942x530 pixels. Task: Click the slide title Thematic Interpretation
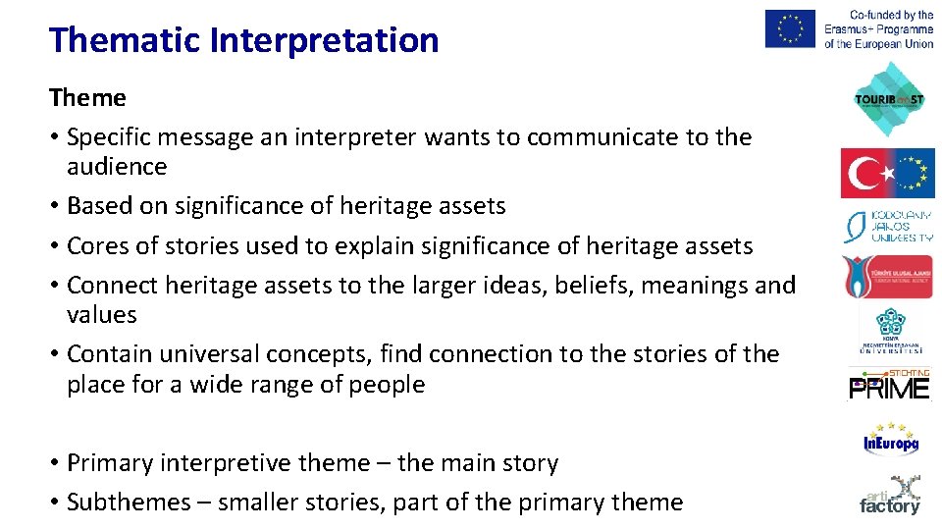coord(243,40)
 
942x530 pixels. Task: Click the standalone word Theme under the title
coord(87,97)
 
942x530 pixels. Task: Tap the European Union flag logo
coord(790,28)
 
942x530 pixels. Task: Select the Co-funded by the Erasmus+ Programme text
coord(878,28)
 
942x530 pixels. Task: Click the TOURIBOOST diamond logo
coord(889,99)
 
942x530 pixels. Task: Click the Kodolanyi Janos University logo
coord(889,226)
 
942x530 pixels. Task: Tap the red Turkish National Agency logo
coord(887,277)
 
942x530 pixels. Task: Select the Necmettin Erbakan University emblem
coord(889,331)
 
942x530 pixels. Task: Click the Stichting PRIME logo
coord(889,385)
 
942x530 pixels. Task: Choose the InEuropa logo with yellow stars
coord(890,439)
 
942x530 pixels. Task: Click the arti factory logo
coord(890,496)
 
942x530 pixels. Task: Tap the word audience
coord(117,167)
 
